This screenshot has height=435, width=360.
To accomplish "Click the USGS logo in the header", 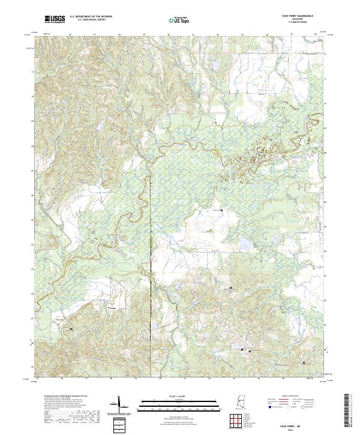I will (x=55, y=20).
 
